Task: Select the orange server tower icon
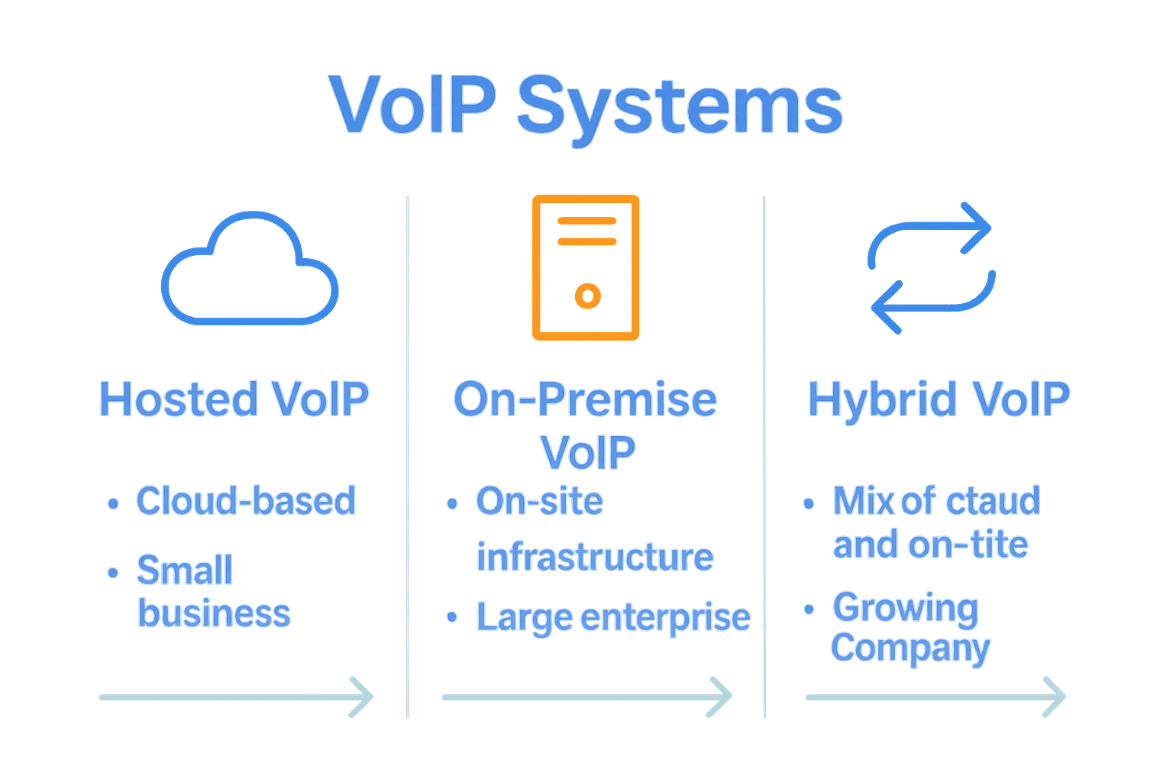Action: click(586, 267)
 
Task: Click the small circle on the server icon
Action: click(587, 296)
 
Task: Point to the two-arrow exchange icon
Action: click(931, 267)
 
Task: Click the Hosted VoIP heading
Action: click(234, 399)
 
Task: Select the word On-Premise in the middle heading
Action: click(585, 399)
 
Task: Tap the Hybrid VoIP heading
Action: click(939, 399)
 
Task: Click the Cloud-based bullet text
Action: click(246, 501)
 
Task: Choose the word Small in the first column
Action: click(184, 570)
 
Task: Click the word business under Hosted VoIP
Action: click(214, 613)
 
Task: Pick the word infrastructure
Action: click(595, 557)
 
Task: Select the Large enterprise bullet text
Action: click(613, 617)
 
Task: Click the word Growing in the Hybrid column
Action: click(905, 608)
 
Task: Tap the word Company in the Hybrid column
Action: click(910, 649)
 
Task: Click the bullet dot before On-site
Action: click(452, 503)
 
